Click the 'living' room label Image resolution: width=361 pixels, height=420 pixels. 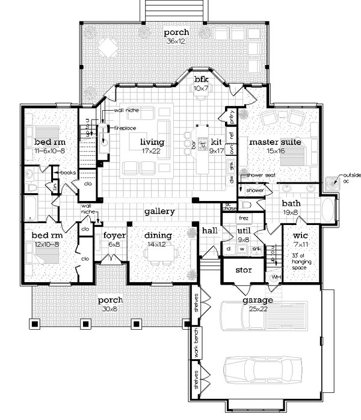[152, 142]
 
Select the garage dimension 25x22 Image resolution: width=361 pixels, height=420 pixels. [258, 309]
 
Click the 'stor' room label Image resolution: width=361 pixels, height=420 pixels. [243, 270]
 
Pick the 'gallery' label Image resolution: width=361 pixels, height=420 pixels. [159, 212]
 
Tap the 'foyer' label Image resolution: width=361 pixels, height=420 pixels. [114, 235]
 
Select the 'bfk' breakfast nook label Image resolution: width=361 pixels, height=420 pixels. [200, 80]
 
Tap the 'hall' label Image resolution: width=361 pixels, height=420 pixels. [209, 230]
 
